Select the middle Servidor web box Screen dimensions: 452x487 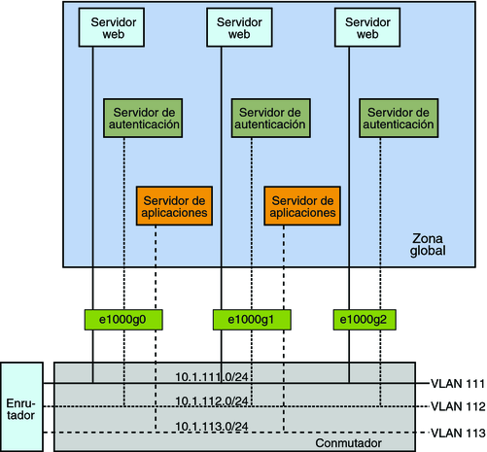tap(238, 27)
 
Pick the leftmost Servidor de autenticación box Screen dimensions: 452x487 tap(143, 118)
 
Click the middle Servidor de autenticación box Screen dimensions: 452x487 tap(271, 118)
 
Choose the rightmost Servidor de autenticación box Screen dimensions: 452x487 tap(396, 118)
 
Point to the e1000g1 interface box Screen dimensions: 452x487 tap(248, 319)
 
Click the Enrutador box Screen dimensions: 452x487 tap(21, 407)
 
